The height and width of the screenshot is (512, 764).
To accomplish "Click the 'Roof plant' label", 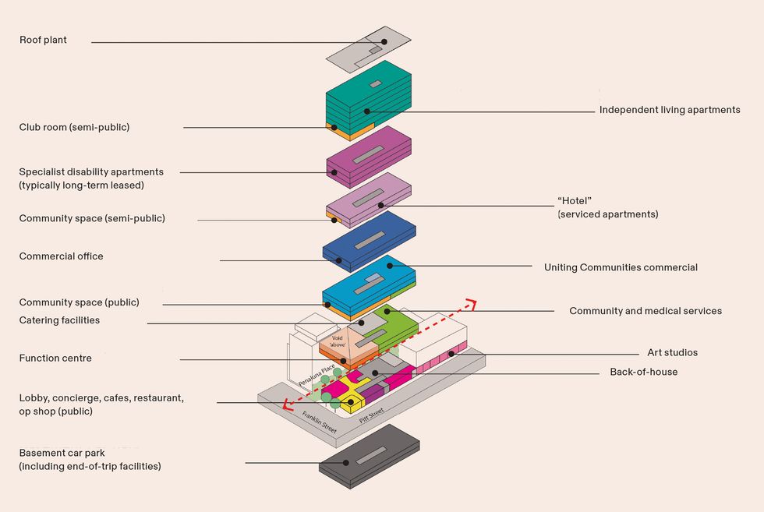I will pos(43,41).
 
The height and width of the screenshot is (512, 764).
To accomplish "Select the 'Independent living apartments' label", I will pos(669,110).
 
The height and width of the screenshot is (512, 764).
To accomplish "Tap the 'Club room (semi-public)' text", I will pos(74,127).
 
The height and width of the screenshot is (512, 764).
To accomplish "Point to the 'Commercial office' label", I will pos(61,256).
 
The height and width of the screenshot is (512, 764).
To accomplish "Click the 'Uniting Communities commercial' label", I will pos(621,267).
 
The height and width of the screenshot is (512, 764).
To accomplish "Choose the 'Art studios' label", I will pos(672,353).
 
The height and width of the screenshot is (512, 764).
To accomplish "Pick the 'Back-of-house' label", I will pos(643,372).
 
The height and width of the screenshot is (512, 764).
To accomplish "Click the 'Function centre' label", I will pos(55,358).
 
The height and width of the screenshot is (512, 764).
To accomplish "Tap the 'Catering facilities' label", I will pos(59,320).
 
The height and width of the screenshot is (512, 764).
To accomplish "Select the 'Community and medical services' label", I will pos(645,311).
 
